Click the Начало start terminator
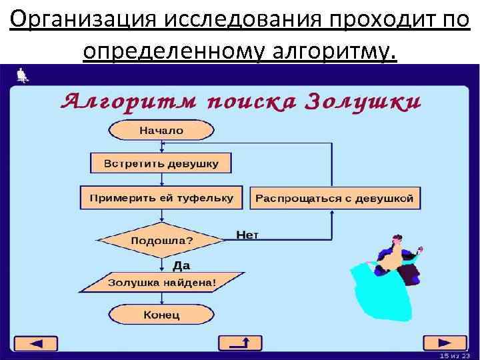pyautogui.click(x=161, y=131)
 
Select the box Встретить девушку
pyautogui.click(x=161, y=163)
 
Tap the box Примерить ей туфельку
pyautogui.click(x=161, y=198)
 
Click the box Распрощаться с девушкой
pyautogui.click(x=335, y=198)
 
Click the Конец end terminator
pyautogui.click(x=161, y=314)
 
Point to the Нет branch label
pyautogui.click(x=247, y=234)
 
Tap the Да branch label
pyautogui.click(x=181, y=265)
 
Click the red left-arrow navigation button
pyautogui.click(x=37, y=343)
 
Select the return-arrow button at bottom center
pyautogui.click(x=240, y=343)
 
